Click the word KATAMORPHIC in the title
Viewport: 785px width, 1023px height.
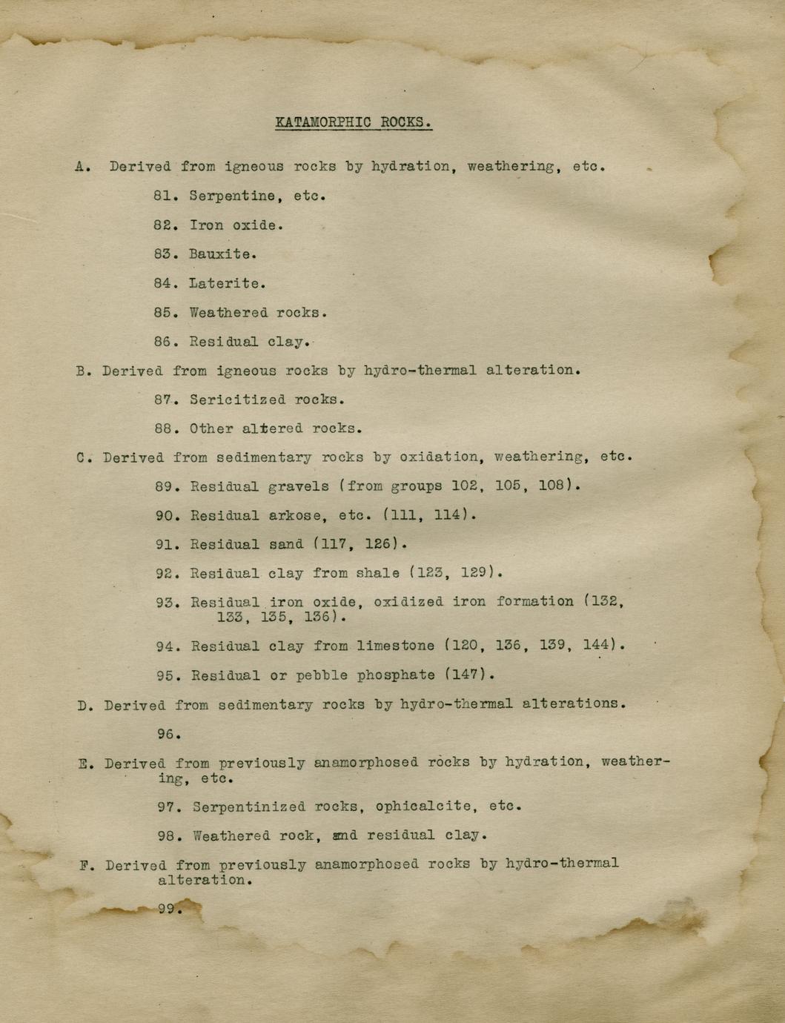[x=323, y=122]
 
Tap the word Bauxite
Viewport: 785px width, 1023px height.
[x=220, y=254]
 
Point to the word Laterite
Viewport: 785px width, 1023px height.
[x=225, y=283]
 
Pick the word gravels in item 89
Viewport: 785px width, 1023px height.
[x=299, y=486]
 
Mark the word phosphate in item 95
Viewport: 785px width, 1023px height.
[x=396, y=675]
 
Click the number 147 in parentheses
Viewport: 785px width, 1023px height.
[x=468, y=675]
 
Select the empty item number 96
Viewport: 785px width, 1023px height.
[x=167, y=734]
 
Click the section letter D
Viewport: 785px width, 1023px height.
[x=83, y=705]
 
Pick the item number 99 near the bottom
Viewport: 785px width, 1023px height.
[x=168, y=909]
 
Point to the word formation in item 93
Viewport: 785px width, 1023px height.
[x=534, y=601]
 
